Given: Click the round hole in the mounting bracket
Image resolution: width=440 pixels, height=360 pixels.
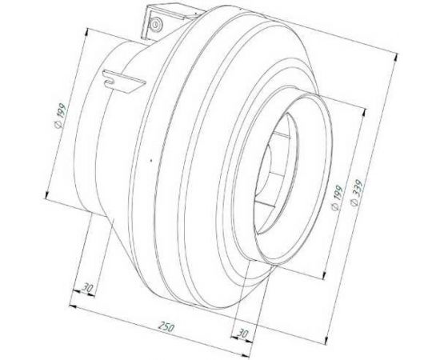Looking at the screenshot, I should (x=150, y=21).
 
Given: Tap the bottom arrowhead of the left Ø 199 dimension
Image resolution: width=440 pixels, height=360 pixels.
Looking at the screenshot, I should (x=49, y=197).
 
